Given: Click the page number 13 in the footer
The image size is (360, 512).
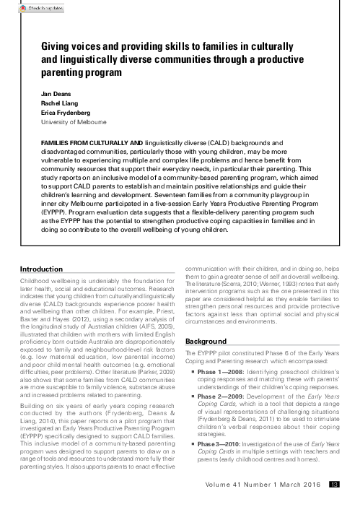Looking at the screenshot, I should (x=333, y=485).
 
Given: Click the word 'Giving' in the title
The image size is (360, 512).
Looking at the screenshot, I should (x=57, y=45).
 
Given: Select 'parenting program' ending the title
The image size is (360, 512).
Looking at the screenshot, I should (x=78, y=72).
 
